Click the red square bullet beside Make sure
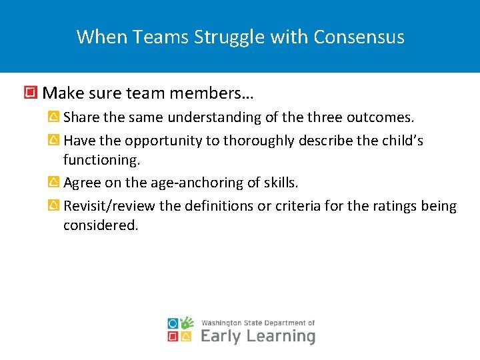tap(30, 91)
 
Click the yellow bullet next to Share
tap(54, 118)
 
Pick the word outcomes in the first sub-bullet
tap(380, 118)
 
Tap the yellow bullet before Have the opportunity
tap(54, 141)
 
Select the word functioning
tap(101, 160)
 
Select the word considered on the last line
tap(101, 225)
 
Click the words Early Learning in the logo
tap(257, 335)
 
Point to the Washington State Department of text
tap(257, 323)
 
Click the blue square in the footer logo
tap(173, 323)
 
